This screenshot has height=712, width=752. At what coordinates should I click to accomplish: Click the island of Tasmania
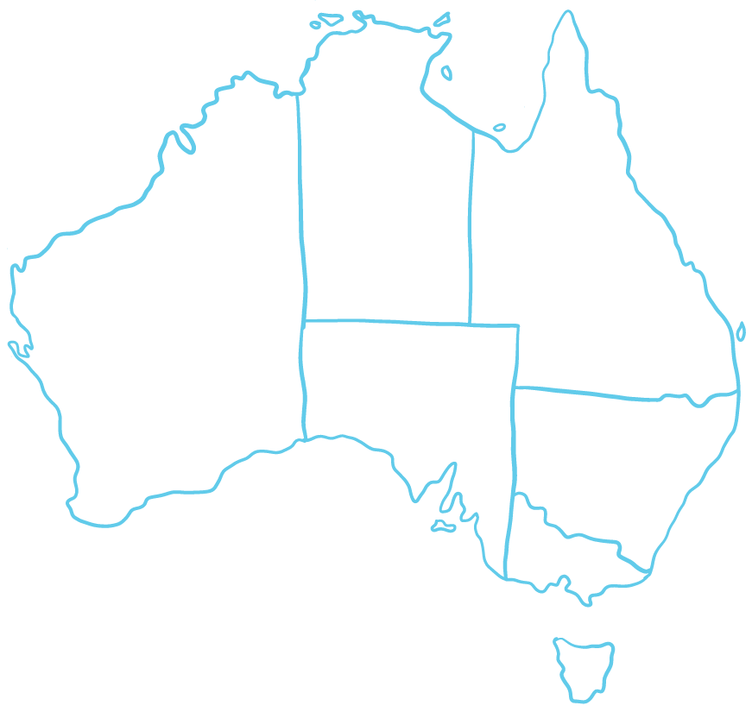[x=585, y=666]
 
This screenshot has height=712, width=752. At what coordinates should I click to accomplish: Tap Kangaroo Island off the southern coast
[x=443, y=526]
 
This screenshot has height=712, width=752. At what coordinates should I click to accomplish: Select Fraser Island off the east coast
[x=740, y=331]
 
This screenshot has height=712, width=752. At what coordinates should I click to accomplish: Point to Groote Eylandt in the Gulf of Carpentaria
[x=446, y=73]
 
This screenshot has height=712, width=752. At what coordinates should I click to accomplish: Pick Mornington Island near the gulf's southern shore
[x=499, y=128]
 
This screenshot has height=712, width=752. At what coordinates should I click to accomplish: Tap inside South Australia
[x=406, y=388]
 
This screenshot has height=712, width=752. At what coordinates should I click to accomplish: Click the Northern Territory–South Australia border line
[x=389, y=322]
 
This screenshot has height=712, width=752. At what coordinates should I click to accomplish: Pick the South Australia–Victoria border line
[x=509, y=535]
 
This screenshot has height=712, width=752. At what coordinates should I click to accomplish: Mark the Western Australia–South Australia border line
[x=303, y=380]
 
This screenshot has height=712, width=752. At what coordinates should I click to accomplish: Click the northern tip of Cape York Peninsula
[x=568, y=14]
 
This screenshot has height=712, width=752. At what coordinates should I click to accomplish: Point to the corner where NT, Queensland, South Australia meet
[x=469, y=324]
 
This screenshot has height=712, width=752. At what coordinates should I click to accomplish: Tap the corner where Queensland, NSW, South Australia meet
[x=515, y=388]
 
